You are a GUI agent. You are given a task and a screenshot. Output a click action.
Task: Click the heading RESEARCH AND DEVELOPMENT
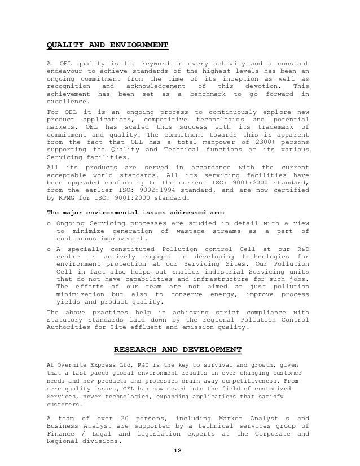pyautogui.click(x=178, y=349)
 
